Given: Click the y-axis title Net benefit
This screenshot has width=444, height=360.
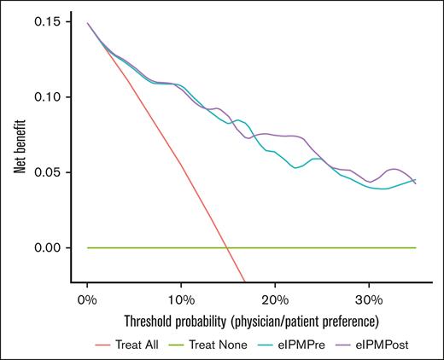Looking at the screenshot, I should pyautogui.click(x=19, y=152).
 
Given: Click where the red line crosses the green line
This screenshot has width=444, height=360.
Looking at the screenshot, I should pyautogui.click(x=226, y=247).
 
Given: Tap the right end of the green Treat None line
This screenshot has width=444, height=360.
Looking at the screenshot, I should pyautogui.click(x=416, y=247).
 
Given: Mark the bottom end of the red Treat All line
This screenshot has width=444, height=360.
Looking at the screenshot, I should pyautogui.click(x=245, y=282).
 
